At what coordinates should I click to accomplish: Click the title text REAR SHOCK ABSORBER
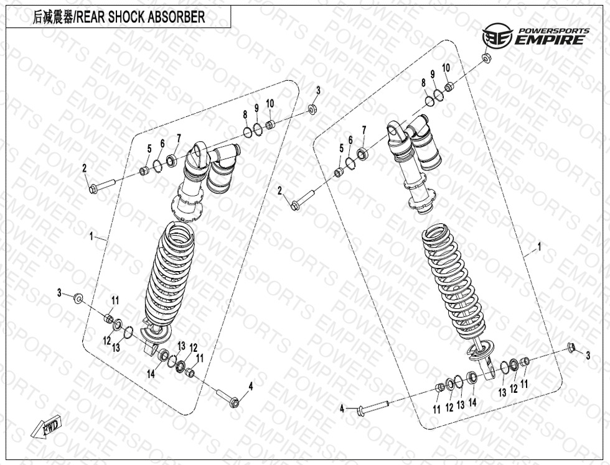click(x=141, y=17)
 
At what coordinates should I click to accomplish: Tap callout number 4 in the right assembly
click(x=342, y=408)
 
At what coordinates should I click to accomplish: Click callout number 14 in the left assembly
click(x=151, y=374)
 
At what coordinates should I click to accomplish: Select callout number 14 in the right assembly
click(x=472, y=403)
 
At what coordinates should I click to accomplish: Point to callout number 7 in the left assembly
click(x=179, y=138)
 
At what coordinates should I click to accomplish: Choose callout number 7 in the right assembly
click(x=364, y=130)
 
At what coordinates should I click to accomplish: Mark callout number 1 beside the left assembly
click(x=91, y=236)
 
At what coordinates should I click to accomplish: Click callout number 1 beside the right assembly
click(x=539, y=247)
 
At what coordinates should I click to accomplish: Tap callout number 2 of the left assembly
click(x=84, y=168)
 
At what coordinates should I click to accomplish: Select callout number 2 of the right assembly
click(x=279, y=191)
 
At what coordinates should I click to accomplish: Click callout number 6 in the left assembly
click(x=162, y=144)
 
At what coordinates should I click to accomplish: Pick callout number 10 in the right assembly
click(x=446, y=68)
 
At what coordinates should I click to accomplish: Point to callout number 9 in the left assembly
click(x=256, y=108)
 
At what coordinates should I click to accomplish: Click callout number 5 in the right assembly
click(x=342, y=148)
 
